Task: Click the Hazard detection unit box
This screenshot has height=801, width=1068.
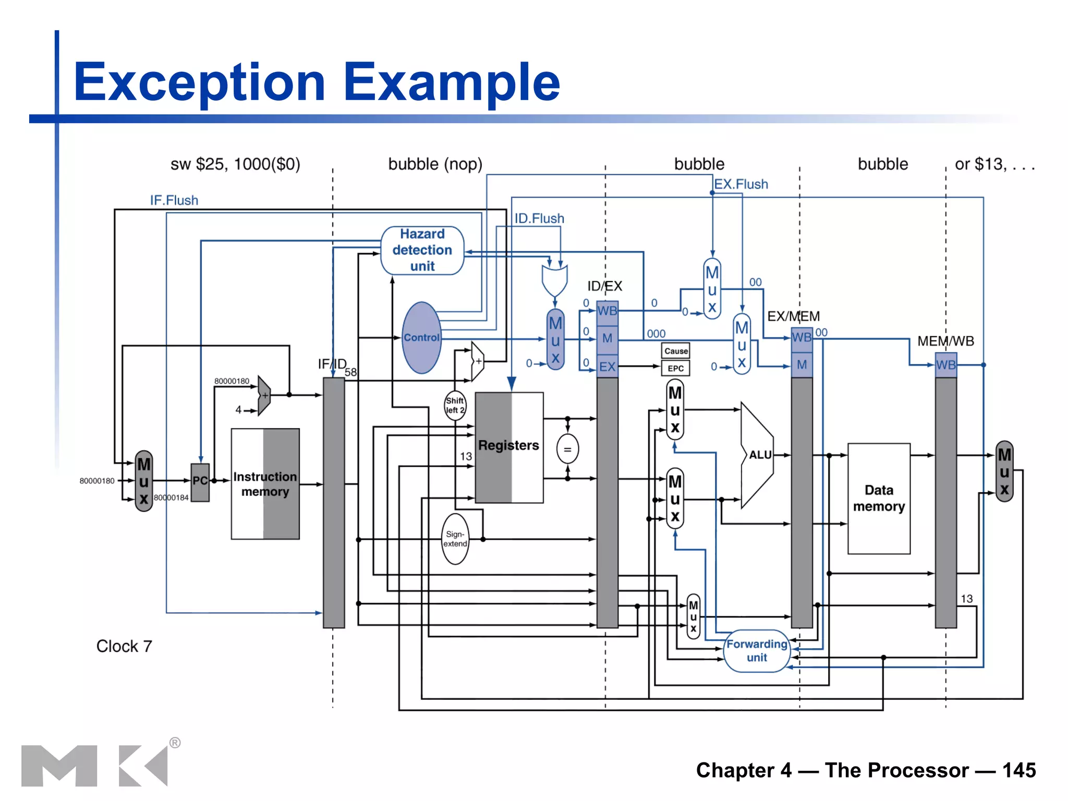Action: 422,250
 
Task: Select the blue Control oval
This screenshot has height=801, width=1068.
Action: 421,337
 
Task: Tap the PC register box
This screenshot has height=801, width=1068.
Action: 200,481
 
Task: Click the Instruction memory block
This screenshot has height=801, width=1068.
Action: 265,484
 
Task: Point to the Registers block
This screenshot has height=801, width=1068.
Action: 508,446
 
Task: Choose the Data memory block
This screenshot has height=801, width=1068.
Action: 879,498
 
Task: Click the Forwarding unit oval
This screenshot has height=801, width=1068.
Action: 757,651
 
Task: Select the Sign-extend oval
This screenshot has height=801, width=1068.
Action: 455,539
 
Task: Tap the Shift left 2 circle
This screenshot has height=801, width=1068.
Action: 455,405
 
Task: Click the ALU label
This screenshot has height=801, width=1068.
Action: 760,455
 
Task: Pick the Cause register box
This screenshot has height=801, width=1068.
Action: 676,351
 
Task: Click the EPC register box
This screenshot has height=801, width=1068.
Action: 676,368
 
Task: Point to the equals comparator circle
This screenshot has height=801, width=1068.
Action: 567,449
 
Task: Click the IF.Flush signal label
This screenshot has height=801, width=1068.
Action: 174,200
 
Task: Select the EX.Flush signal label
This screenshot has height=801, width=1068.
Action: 741,184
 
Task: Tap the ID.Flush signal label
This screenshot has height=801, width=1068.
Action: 539,219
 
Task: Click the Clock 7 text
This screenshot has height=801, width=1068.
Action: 124,646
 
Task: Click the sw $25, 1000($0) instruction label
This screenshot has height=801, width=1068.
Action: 235,164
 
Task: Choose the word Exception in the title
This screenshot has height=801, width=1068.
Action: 200,82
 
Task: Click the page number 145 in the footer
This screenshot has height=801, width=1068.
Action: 1019,770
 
